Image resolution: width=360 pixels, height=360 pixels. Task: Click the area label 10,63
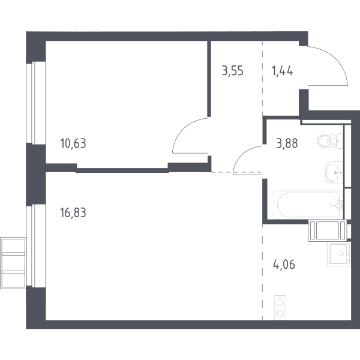pos(73,143)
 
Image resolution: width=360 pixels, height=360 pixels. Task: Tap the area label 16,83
pos(73,212)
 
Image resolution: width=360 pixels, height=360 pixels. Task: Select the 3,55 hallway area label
pos(233,71)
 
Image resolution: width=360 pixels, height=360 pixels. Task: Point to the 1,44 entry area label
pos(283,71)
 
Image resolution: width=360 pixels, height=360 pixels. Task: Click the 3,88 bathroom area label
pos(287,143)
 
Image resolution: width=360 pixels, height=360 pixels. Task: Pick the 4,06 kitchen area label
pos(284,265)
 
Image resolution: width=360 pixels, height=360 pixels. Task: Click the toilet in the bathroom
pos(330,140)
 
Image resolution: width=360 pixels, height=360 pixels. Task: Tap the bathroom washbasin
pos(334,172)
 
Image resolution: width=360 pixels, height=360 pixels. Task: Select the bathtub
pos(308,205)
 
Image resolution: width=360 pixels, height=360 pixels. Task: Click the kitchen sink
pos(339,254)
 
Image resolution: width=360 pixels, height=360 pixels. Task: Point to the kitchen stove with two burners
pos(280,308)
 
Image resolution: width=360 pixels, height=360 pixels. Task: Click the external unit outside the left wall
pos(13,263)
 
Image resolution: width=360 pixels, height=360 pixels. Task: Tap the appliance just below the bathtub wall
pos(328,230)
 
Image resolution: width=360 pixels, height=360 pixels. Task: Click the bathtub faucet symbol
pos(337,204)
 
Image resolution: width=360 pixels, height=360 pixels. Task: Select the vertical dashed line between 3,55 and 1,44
pos(263,78)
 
